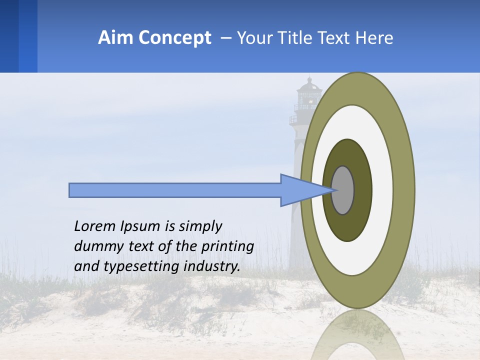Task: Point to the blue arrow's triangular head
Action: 300,190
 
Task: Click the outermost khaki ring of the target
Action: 404,190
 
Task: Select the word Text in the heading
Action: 336,38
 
